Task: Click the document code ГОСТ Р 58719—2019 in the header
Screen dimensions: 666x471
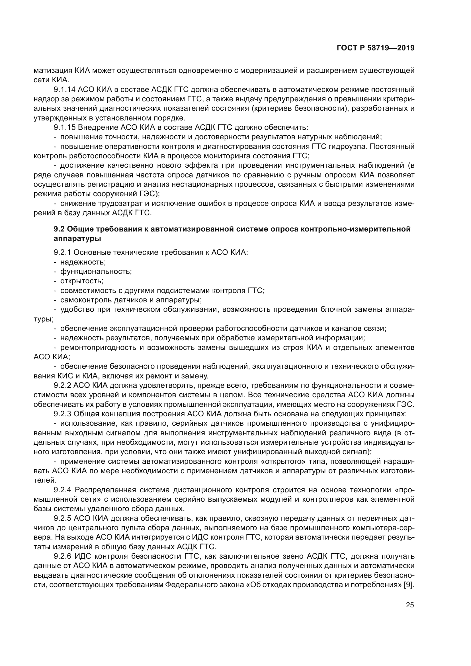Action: coord(375,48)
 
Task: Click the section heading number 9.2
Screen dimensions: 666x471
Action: coord(59,229)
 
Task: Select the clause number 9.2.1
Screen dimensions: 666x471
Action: coord(62,252)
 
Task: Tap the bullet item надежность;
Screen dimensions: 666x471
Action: coord(83,262)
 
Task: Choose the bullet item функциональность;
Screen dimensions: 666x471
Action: coord(96,272)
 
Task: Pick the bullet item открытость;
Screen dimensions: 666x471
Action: coord(82,281)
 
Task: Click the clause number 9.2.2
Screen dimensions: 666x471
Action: coord(62,385)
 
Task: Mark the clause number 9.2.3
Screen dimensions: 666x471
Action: coord(62,414)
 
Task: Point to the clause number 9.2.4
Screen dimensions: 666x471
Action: coord(62,490)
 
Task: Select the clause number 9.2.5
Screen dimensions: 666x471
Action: coord(62,518)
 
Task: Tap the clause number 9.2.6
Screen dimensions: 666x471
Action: coord(62,556)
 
